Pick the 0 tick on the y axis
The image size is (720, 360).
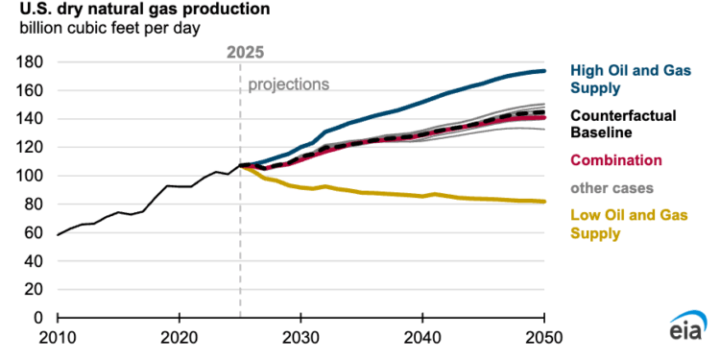point(40,318)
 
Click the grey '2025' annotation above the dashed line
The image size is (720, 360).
point(246,51)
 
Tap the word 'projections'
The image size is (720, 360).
point(288,84)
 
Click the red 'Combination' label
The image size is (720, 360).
point(613,159)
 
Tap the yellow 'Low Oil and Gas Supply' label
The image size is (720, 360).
point(622,224)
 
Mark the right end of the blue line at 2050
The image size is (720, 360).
point(544,71)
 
